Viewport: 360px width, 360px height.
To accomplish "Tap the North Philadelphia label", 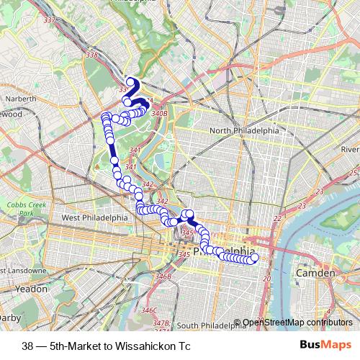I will (243, 130).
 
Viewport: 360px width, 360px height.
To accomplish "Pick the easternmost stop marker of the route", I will (253, 258).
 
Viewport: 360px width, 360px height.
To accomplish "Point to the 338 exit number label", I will (91, 54).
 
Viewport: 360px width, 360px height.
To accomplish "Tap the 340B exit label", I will (160, 113).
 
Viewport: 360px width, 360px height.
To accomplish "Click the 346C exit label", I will (149, 310).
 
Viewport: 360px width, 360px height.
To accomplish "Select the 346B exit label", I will (163, 276).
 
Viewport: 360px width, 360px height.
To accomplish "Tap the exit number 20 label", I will (267, 278).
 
